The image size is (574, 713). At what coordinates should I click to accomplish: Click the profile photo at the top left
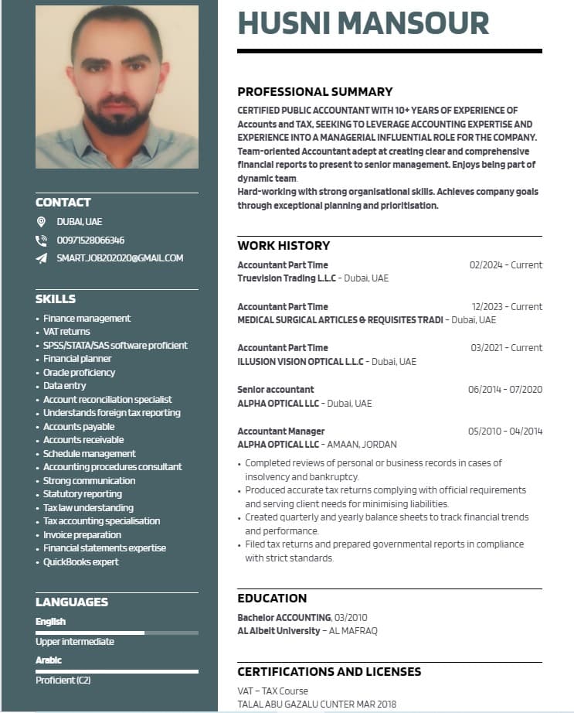(x=117, y=87)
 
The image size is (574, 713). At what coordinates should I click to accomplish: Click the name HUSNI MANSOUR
(x=363, y=23)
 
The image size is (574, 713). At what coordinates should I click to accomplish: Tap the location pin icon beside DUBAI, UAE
(x=42, y=222)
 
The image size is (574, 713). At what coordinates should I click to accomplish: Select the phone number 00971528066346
(x=90, y=240)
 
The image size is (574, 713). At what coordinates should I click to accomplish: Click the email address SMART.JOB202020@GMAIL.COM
(x=120, y=258)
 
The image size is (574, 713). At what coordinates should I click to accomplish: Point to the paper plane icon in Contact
(x=42, y=258)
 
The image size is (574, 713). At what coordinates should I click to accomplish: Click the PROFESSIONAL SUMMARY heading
(x=314, y=91)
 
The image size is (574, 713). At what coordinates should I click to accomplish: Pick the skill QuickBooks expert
(x=80, y=562)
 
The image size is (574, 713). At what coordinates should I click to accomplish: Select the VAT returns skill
(x=66, y=332)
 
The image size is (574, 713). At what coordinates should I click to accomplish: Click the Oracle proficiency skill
(x=79, y=372)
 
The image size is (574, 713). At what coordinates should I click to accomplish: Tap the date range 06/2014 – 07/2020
(x=505, y=390)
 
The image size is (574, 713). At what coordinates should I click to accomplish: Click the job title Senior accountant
(x=276, y=390)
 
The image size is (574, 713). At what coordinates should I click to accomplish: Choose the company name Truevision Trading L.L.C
(x=287, y=278)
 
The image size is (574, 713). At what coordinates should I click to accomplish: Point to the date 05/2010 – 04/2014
(x=505, y=432)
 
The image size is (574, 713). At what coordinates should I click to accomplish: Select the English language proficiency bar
(x=117, y=633)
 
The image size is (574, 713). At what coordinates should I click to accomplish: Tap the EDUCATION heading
(x=272, y=599)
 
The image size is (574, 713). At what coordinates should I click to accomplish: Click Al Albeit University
(x=279, y=631)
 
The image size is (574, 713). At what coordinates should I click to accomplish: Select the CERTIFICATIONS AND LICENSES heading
(x=329, y=672)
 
